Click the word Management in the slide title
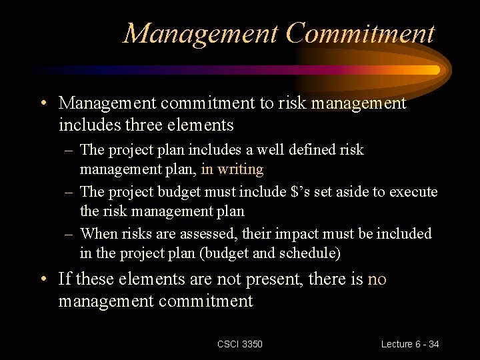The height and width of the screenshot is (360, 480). pos(200,33)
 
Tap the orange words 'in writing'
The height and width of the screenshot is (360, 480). pos(232,169)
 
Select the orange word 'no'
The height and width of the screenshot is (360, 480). pos(377,279)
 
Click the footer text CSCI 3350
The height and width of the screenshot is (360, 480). pos(240,344)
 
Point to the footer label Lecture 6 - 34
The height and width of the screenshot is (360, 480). pos(410,344)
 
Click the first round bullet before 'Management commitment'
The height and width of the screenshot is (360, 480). pos(43,103)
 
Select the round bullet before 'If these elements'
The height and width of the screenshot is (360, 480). pos(43,279)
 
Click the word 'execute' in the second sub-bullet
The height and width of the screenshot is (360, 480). pos(413,192)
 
